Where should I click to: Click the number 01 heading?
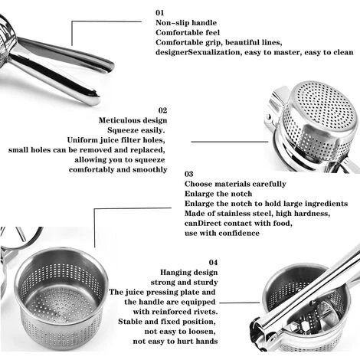[160, 12]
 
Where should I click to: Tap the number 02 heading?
[162, 110]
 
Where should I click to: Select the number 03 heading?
[189, 174]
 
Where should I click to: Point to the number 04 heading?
[213, 263]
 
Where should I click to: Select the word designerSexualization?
[198, 52]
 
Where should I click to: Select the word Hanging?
[175, 273]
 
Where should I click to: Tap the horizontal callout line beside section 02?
[230, 142]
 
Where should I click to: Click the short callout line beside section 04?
[240, 303]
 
